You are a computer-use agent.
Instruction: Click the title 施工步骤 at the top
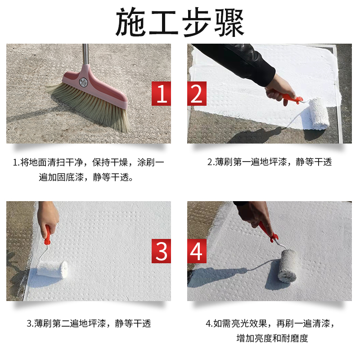point(180,22)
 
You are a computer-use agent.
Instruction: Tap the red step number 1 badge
point(161,94)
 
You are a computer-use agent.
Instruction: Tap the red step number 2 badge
point(197,94)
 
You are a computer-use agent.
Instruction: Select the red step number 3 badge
point(161,251)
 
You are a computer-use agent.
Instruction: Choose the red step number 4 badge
point(197,251)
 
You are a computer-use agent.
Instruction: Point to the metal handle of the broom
point(85,54)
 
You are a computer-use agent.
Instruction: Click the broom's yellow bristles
point(90,106)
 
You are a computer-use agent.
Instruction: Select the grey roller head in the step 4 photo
point(286,265)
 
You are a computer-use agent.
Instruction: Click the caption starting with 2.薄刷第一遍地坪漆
point(269,162)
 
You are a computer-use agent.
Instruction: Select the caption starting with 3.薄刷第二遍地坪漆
point(89,323)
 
